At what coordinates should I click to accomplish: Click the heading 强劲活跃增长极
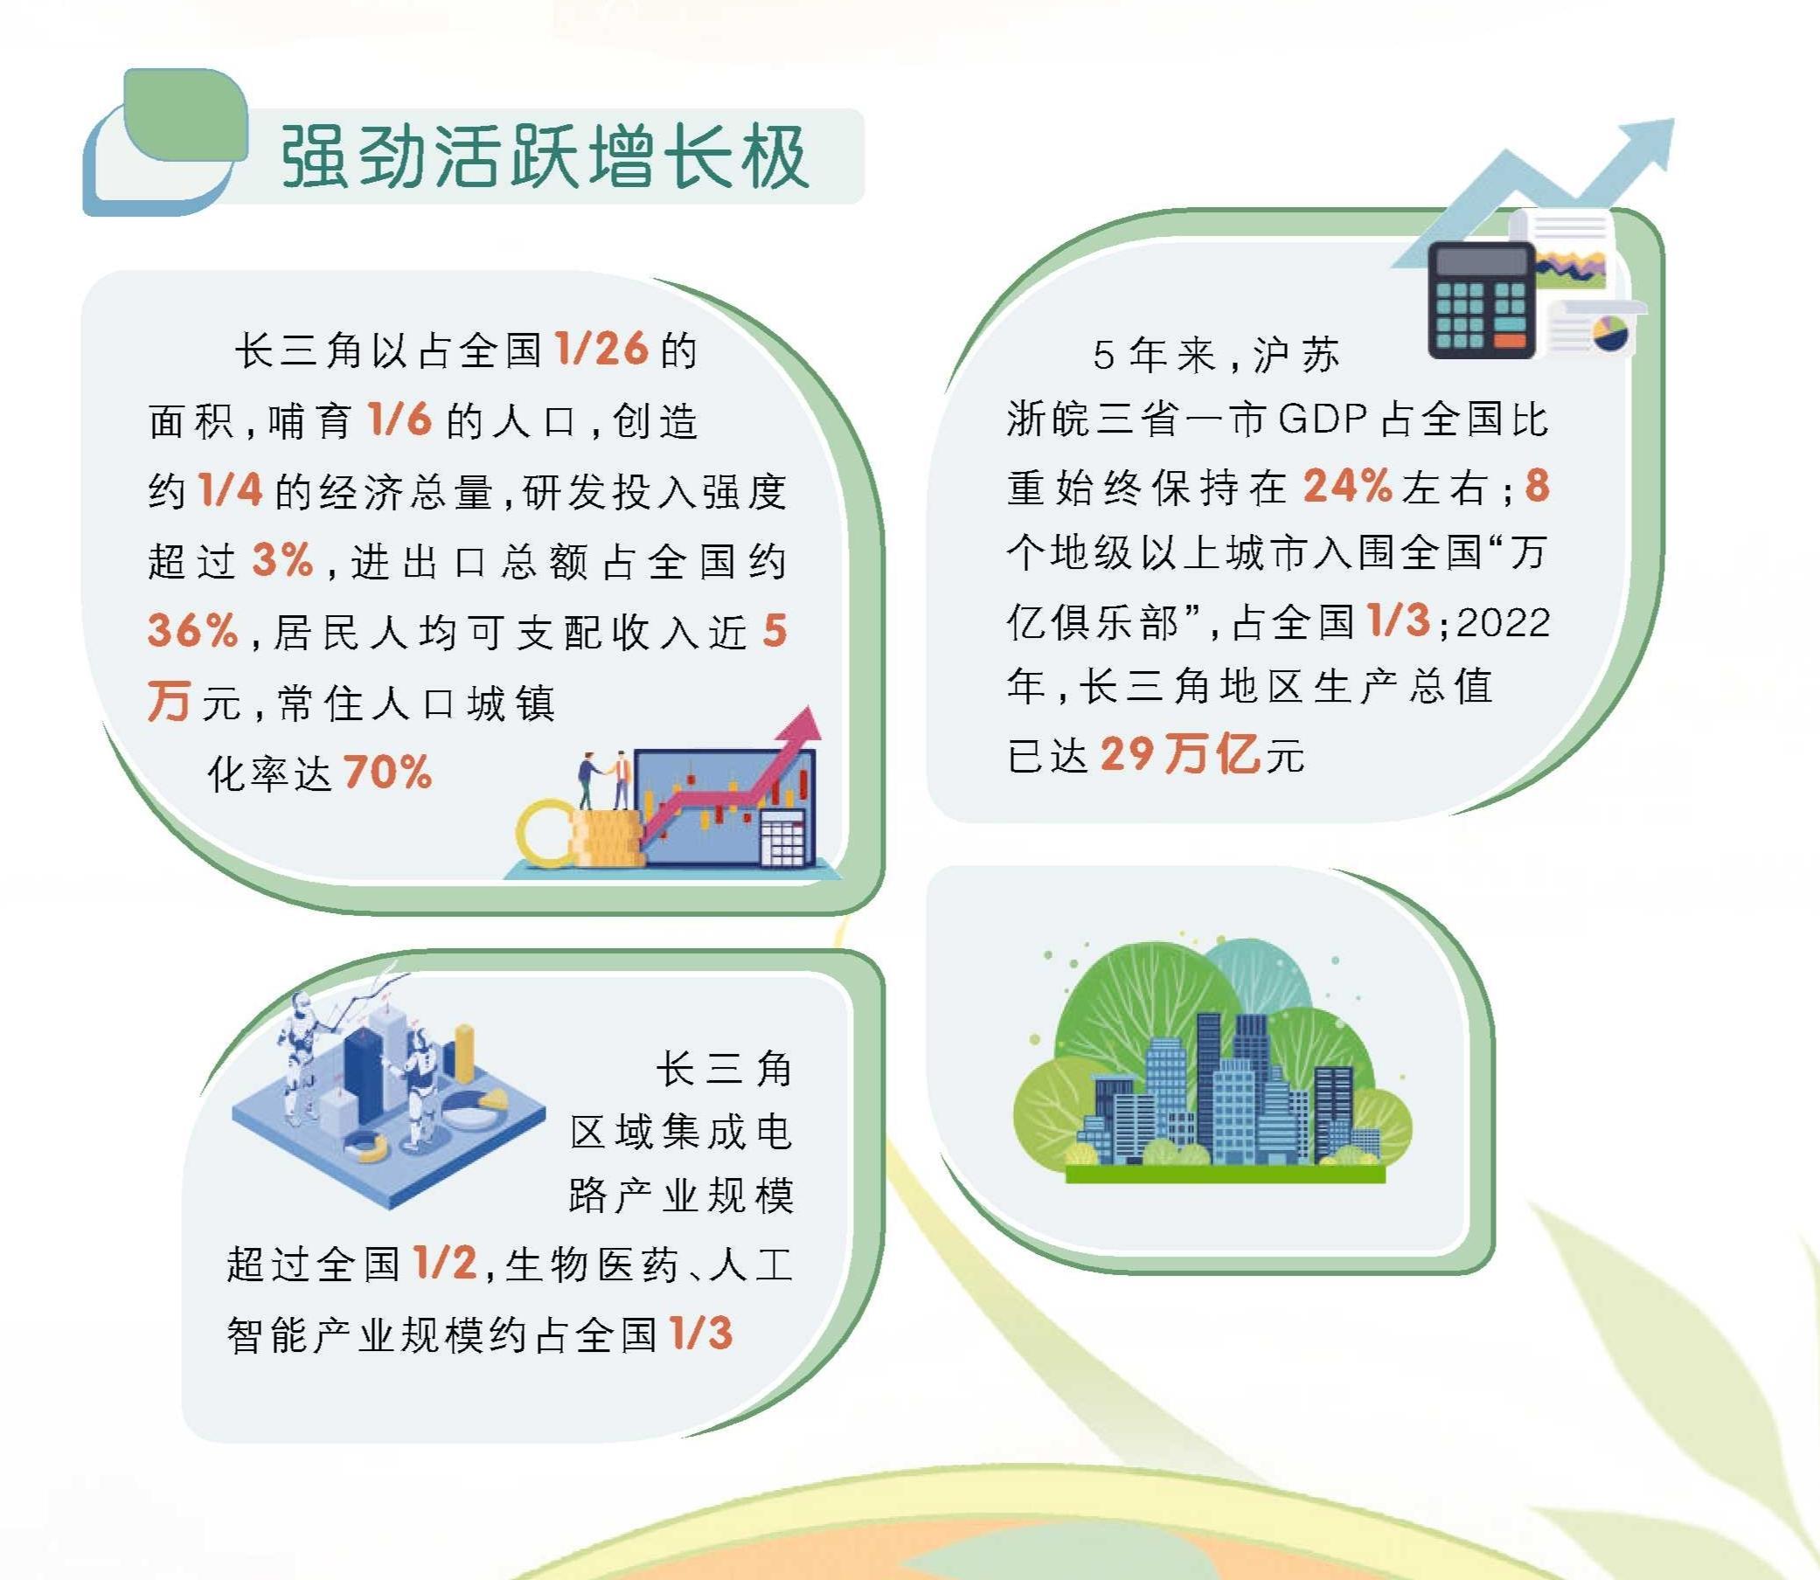pos(545,156)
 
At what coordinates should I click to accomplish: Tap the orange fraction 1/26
pos(602,350)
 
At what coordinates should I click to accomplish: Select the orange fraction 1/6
pos(400,419)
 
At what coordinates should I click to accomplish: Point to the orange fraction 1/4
pos(231,489)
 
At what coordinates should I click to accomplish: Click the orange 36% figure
pos(193,630)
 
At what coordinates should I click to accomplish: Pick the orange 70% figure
pos(388,773)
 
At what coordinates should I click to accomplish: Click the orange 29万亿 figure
pos(1181,754)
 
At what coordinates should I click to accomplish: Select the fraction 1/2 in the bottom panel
pos(445,1262)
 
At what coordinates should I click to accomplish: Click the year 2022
pos(1504,622)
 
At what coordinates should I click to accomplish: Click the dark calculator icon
pos(1482,300)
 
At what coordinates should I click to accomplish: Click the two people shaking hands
pos(606,780)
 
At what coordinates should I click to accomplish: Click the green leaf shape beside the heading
pos(185,115)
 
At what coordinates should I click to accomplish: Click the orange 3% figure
pos(283,560)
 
